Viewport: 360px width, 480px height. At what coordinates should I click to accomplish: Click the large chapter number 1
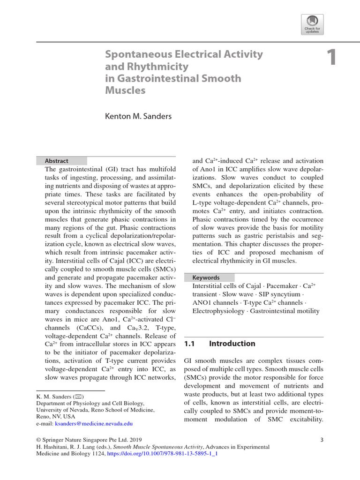click(331, 57)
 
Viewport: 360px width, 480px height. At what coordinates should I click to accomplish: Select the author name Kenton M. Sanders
click(138, 116)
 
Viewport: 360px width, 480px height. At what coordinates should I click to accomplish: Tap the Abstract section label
click(56, 161)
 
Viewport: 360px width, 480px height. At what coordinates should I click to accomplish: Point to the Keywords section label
click(206, 277)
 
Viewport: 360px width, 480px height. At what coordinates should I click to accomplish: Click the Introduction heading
click(232, 344)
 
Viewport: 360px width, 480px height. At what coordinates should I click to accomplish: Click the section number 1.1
click(189, 344)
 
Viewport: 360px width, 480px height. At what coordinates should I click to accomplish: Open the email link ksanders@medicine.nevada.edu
click(94, 423)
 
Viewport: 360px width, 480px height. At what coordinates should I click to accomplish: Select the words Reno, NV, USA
click(56, 416)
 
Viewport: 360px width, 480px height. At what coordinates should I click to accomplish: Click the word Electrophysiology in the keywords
click(219, 311)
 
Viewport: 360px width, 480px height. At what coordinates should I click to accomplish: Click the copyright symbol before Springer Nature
click(39, 440)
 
